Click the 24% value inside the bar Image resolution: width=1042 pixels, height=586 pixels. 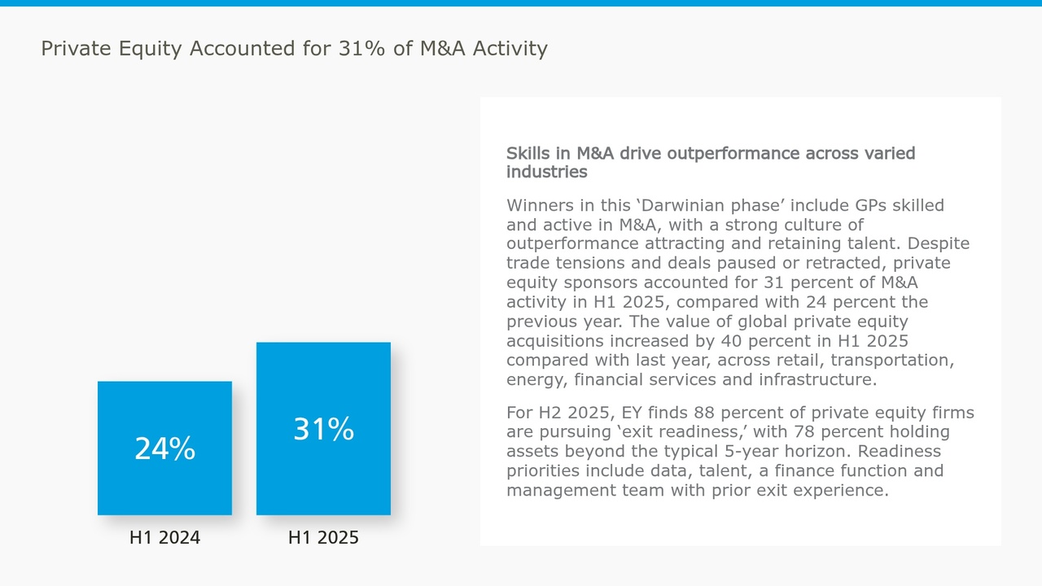click(x=164, y=448)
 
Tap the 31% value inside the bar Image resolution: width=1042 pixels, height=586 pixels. click(x=323, y=429)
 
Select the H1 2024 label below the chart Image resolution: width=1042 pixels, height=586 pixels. click(x=164, y=538)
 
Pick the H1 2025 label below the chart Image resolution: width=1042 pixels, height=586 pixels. click(x=323, y=538)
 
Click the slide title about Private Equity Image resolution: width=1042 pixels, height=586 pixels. click(x=294, y=49)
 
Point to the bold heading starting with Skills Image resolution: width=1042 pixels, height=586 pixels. click(x=710, y=162)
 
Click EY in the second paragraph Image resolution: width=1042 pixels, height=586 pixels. click(x=632, y=413)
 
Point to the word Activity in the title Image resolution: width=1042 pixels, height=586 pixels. click(x=511, y=49)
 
